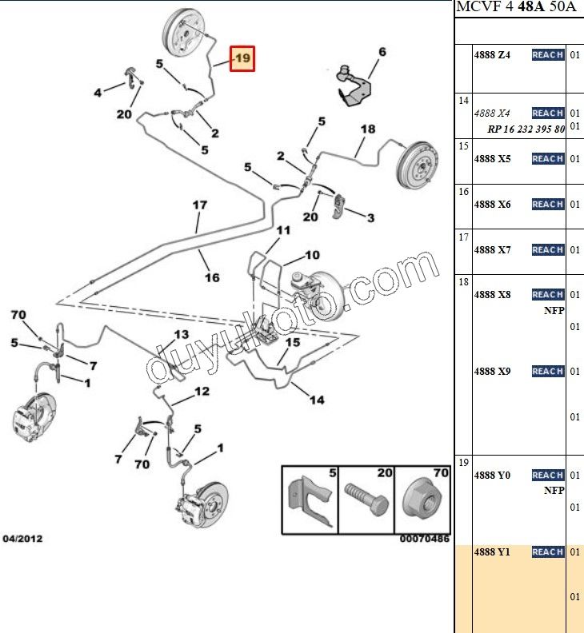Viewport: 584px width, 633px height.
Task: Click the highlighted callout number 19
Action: (242, 58)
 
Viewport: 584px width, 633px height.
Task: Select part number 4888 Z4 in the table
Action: (492, 55)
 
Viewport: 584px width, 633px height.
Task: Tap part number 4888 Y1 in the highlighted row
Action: (492, 551)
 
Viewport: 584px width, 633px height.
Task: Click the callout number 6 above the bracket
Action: (382, 52)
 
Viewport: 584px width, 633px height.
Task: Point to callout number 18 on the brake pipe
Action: (367, 129)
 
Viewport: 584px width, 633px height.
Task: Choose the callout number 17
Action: (199, 205)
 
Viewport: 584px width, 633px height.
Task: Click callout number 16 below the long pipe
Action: (211, 277)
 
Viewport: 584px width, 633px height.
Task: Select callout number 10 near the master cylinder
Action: (311, 256)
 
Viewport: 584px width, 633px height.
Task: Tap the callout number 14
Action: (317, 400)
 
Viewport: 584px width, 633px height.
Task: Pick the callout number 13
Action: (181, 334)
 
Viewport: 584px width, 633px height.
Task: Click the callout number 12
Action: (201, 391)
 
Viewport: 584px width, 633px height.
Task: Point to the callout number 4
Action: (98, 93)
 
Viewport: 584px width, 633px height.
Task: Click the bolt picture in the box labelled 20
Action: (366, 501)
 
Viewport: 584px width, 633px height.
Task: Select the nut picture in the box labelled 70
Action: (422, 501)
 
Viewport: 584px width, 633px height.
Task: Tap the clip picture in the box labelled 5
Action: (310, 501)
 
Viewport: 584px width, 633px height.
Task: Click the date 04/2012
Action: (22, 539)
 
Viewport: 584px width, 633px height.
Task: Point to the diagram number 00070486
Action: (425, 539)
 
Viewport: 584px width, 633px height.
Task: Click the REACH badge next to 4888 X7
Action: (547, 250)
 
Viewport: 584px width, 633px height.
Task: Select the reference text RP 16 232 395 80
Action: (526, 129)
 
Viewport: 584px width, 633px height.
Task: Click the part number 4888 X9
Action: (492, 371)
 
